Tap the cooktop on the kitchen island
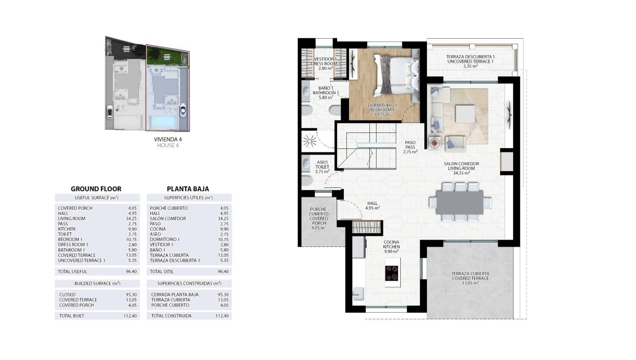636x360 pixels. point(392,273)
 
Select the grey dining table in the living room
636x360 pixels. point(460,202)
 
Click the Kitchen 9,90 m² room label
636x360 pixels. point(392,247)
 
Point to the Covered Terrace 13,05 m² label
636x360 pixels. point(470,278)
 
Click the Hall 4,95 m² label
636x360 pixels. point(372,206)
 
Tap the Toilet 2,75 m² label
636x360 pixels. point(322,167)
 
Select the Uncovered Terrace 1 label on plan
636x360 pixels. point(470,61)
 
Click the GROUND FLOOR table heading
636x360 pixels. point(96,189)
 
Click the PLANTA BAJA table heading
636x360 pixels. point(188,189)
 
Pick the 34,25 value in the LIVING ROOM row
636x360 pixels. point(132,218)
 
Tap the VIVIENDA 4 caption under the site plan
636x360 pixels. point(168,140)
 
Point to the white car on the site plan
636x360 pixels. point(183,110)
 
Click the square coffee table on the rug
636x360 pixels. point(465,113)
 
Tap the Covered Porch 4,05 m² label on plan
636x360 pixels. point(318,218)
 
